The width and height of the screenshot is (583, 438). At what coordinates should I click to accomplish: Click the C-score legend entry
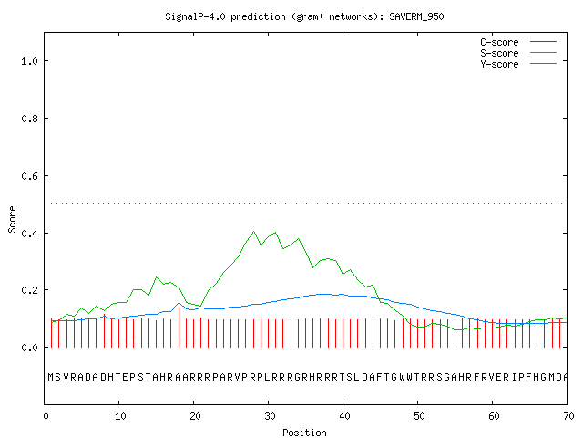coord(499,42)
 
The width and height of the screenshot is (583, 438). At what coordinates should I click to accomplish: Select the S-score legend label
coord(499,53)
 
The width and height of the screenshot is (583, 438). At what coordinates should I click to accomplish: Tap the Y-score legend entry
coord(499,64)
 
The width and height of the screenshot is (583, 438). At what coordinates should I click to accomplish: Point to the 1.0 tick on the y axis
coord(29,61)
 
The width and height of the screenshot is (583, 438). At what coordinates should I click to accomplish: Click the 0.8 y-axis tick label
coord(29,119)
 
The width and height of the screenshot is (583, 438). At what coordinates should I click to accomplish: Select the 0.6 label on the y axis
coord(29,176)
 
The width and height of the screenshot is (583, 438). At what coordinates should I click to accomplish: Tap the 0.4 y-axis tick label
coord(29,234)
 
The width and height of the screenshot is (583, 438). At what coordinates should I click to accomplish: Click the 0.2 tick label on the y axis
coord(29,290)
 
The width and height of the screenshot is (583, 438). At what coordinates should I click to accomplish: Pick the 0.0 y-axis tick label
coord(29,348)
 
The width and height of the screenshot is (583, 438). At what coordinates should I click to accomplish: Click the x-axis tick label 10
coord(120,416)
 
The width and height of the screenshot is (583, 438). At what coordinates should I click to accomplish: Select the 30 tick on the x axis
coord(270,416)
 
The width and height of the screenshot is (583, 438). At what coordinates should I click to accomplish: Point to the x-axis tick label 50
coord(419,416)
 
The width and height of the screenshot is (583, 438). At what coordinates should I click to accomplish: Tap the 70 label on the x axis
coord(568,416)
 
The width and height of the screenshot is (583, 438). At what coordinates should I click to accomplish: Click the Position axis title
coord(304,433)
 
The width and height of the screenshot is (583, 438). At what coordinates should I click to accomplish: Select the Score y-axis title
coord(12,219)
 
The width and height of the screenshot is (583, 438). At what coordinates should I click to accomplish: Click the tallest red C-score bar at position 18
coord(179,327)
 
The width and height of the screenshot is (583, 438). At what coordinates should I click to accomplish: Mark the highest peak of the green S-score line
coord(253,231)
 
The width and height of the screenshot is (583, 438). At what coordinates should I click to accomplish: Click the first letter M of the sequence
coord(51,377)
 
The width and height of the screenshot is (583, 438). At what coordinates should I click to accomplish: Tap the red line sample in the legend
coord(543,42)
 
